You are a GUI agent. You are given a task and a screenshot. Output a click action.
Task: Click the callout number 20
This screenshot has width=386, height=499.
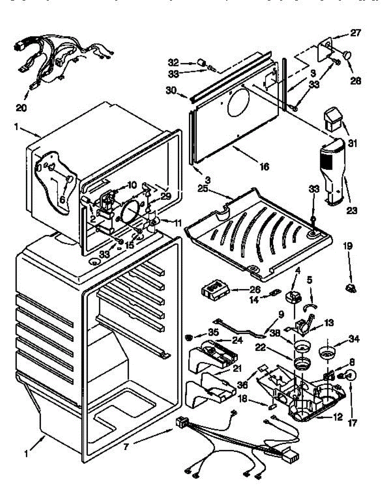coord(21,108)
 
